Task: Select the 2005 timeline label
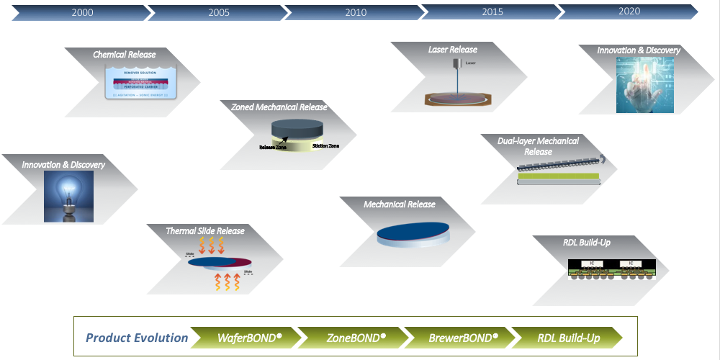(x=219, y=12)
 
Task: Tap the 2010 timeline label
(x=356, y=12)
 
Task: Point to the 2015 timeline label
(x=492, y=12)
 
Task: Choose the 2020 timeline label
(x=629, y=12)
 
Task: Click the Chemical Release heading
(x=124, y=55)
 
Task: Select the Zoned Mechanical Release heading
(x=279, y=107)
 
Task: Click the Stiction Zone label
(x=325, y=146)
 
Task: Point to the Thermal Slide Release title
(x=205, y=231)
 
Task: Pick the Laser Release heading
(x=453, y=50)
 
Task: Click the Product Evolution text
(x=137, y=338)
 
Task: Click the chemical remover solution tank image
(x=137, y=82)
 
